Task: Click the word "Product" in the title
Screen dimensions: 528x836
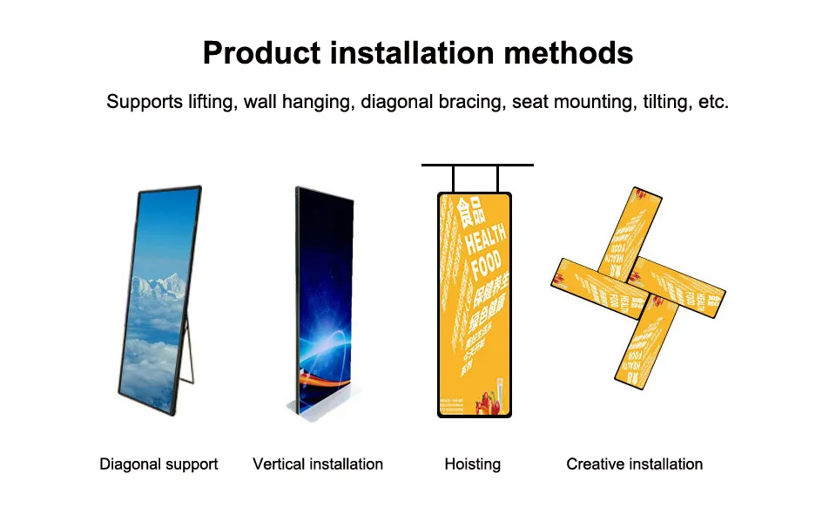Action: [x=260, y=53]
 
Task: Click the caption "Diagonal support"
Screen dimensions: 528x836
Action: [x=158, y=464]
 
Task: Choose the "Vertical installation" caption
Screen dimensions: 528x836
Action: [x=318, y=464]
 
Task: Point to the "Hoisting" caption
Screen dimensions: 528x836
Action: [x=473, y=464]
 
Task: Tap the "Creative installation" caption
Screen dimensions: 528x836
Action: [x=635, y=464]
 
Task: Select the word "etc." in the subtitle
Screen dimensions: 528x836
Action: [x=713, y=102]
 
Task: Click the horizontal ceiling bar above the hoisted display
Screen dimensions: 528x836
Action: [x=477, y=165]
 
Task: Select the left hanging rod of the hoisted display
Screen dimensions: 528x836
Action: [x=454, y=179]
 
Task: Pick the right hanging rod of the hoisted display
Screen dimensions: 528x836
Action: [x=498, y=179]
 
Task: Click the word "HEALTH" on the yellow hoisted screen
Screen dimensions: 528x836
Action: [x=485, y=235]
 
